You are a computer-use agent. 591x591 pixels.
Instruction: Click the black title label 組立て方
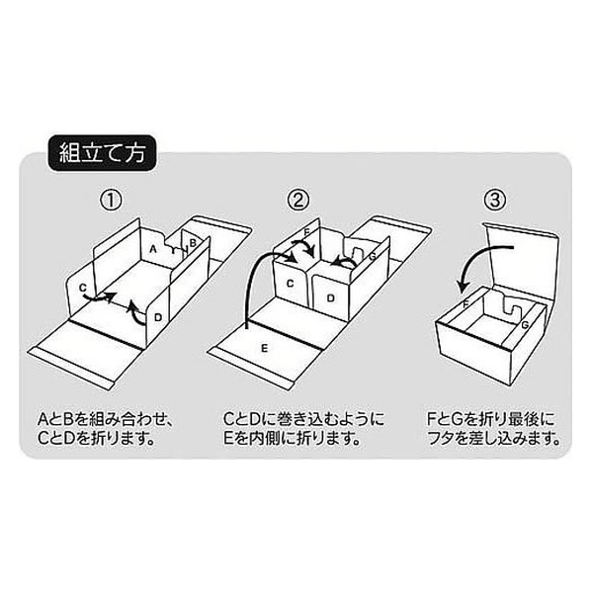[x=102, y=153]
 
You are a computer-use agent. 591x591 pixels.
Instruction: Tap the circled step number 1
[x=111, y=201]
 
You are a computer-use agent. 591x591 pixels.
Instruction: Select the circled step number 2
[x=297, y=201]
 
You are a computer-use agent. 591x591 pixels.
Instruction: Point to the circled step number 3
[x=495, y=201]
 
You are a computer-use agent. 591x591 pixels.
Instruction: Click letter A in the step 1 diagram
[x=152, y=249]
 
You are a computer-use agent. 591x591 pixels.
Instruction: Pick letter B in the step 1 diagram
[x=193, y=243]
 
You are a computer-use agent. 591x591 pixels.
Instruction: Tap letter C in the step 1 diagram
[x=83, y=288]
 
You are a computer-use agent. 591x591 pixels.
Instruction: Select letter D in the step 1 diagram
[x=158, y=318]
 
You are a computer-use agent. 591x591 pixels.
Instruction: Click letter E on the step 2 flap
[x=265, y=348]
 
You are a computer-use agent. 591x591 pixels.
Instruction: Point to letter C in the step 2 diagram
[x=290, y=284]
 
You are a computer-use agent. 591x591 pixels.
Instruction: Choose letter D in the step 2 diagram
[x=330, y=298]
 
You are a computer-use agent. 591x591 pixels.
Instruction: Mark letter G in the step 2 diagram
[x=373, y=257]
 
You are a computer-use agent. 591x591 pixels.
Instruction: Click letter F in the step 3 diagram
[x=465, y=303]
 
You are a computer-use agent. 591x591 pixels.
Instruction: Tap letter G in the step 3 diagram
[x=525, y=324]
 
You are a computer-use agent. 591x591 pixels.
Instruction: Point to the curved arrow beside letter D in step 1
[x=135, y=312]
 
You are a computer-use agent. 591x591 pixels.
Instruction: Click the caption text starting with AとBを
[x=105, y=429]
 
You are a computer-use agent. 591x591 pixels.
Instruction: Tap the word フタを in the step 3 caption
[x=452, y=439]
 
